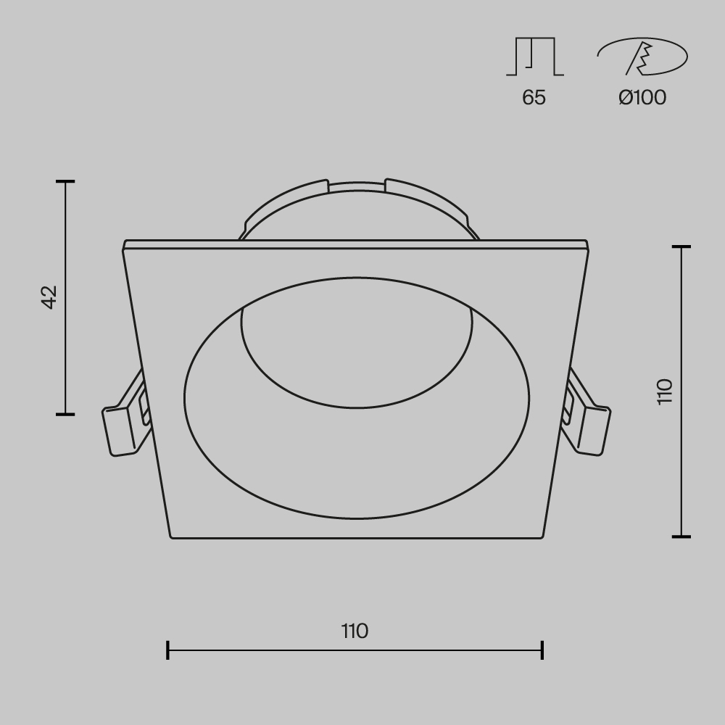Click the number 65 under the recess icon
tap(534, 97)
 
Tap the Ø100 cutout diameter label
tap(642, 97)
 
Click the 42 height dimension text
tap(49, 297)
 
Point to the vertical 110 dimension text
tap(665, 391)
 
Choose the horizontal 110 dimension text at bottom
tap(355, 631)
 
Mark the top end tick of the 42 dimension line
tap(65, 181)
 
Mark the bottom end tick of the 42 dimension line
tap(65, 414)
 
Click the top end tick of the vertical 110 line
tap(681, 247)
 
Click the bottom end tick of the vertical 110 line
tap(681, 536)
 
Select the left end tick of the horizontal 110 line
tap(168, 650)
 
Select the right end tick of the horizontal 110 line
tap(542, 650)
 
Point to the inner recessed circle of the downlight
tap(357, 355)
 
